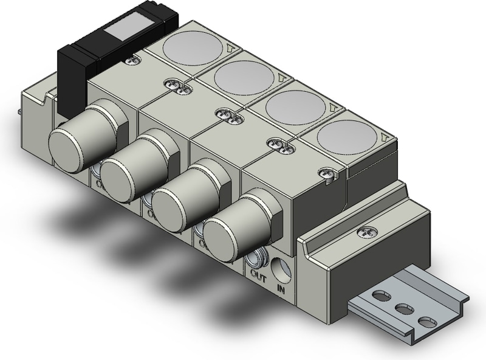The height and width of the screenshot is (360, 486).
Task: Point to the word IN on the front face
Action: click(282, 285)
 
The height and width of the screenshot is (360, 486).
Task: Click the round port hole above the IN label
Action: click(282, 266)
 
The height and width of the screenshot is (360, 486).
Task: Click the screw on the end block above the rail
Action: click(364, 231)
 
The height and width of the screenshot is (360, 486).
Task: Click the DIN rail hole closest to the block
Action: click(382, 297)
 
